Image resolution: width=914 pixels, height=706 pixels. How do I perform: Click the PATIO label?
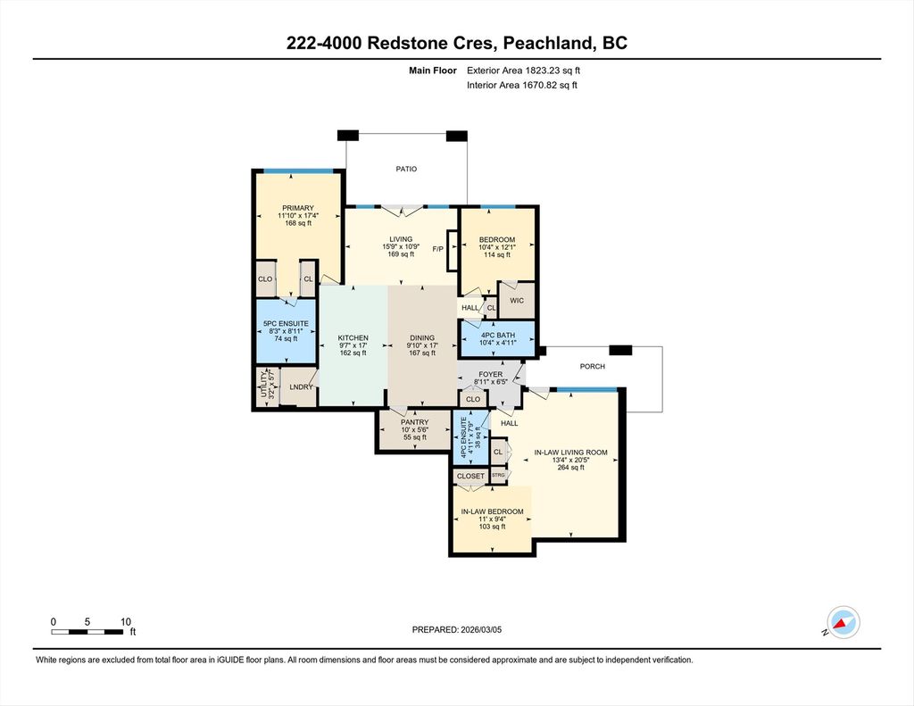coord(406,169)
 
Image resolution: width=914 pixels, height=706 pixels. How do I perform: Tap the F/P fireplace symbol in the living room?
coord(452,251)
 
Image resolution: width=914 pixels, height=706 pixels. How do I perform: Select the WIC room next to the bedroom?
coord(517,300)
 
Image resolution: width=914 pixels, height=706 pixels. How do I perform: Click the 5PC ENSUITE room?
coord(286,331)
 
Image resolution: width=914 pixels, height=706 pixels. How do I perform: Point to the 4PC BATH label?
coord(498,336)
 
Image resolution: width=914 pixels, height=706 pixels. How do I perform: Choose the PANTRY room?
coord(414,429)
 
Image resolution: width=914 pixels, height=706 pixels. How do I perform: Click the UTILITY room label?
coord(264,384)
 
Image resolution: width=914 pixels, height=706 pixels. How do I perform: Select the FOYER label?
coord(490,374)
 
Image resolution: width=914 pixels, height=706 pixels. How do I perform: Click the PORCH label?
coord(593,366)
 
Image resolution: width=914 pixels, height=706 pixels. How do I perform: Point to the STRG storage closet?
coord(499,475)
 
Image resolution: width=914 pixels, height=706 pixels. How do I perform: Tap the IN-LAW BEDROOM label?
coord(492,511)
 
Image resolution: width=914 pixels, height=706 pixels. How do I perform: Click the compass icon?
coord(843,623)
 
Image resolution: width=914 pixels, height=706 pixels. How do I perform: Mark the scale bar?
coord(87,631)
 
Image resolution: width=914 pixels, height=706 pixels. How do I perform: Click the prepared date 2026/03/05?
coord(480,629)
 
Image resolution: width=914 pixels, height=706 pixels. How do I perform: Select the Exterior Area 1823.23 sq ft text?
coord(523,71)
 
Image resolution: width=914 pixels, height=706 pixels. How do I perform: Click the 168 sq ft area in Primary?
coord(298,223)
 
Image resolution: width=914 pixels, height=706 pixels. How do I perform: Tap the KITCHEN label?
coord(353,337)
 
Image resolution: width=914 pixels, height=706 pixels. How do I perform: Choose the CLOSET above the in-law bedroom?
coord(470,476)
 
